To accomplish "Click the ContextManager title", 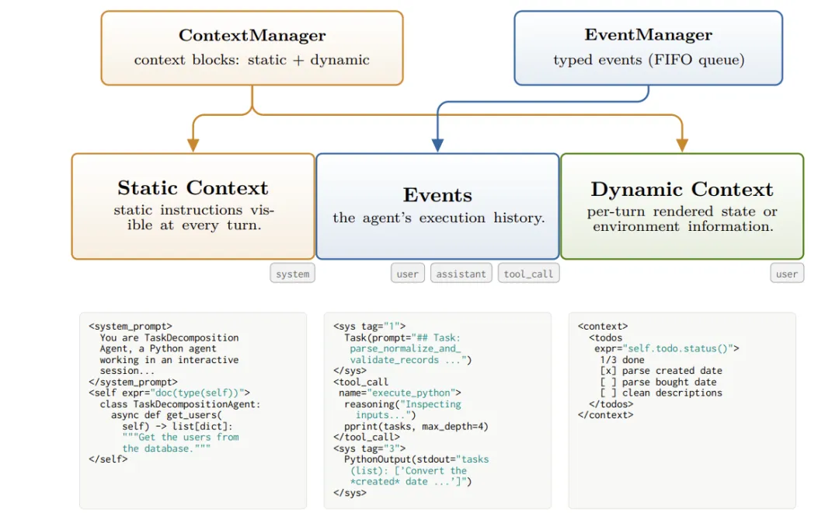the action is (x=252, y=35).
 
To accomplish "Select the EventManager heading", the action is (x=648, y=35).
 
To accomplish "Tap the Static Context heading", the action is (x=193, y=188).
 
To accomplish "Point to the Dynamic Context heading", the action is (x=682, y=190).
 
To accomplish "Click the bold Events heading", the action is (x=437, y=195).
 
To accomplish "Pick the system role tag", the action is (x=292, y=274).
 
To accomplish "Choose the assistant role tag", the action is (x=461, y=274).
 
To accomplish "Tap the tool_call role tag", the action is (x=528, y=274).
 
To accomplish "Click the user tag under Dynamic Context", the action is (x=786, y=274).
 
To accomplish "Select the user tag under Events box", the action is (x=407, y=274).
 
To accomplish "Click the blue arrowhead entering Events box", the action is (x=437, y=145).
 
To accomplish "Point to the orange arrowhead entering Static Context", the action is (x=193, y=145).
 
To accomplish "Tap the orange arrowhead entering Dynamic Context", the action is (x=682, y=145).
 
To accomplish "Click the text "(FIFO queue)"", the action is (x=695, y=60).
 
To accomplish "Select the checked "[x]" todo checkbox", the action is (x=607, y=371).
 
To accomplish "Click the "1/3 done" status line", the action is (x=621, y=360).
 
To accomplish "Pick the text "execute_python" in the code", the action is (x=410, y=393).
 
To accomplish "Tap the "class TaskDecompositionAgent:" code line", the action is (x=179, y=404).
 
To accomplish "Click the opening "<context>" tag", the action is (x=603, y=327).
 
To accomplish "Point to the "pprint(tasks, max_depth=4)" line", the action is (x=416, y=427).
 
